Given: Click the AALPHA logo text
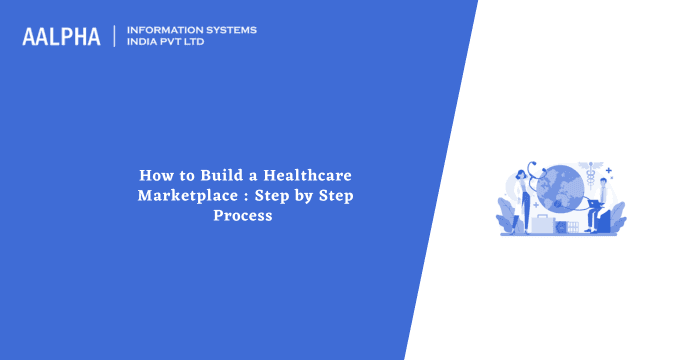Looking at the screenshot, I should pyautogui.click(x=61, y=37).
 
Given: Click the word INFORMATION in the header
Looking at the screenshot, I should pyautogui.click(x=167, y=30).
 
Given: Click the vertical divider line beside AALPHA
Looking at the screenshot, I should pyautogui.click(x=115, y=37).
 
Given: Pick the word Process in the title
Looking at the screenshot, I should pyautogui.click(x=242, y=215).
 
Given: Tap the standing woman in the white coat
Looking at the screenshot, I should pyautogui.click(x=522, y=200).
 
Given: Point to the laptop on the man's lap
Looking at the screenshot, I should pyautogui.click(x=585, y=218).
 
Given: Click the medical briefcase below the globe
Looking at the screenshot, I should pyautogui.click(x=543, y=225).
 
